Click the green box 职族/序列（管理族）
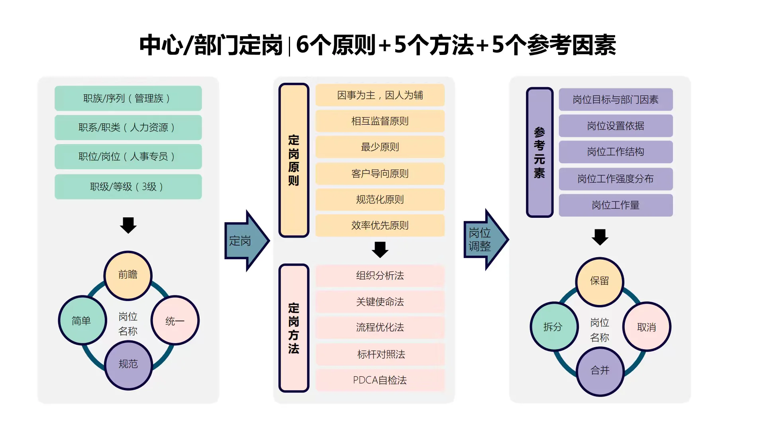(128, 98)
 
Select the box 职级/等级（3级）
(128, 187)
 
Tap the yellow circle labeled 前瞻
(128, 275)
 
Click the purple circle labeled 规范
(128, 364)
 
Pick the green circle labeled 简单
(82, 321)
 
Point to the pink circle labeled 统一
(175, 321)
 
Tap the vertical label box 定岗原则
(294, 160)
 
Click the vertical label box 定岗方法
(294, 328)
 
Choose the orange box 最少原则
(380, 147)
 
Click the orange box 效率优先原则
(380, 225)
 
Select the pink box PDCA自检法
(380, 380)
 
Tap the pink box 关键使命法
(380, 302)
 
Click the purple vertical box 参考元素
(539, 152)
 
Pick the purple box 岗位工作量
(616, 205)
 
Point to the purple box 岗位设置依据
(616, 126)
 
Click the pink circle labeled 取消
(646, 327)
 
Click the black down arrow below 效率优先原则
(380, 250)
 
